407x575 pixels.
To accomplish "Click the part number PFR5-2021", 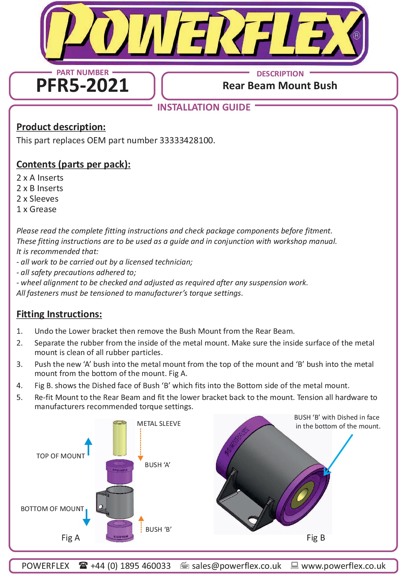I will click(82, 86).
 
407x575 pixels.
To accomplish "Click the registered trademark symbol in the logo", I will click(356, 35).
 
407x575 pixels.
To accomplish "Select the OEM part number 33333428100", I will click(186, 141).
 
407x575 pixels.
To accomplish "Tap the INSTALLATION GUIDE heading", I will click(203, 107).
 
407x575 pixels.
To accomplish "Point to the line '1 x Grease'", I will click(36, 209).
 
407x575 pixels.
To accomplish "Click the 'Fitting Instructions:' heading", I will click(59, 314).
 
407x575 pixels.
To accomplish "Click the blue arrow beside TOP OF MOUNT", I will click(88, 446).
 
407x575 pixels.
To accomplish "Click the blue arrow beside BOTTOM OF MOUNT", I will click(87, 517).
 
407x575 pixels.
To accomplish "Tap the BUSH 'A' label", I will click(157, 465).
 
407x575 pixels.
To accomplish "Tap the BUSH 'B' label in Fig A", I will click(158, 529).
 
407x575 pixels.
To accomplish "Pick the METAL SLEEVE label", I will click(159, 424).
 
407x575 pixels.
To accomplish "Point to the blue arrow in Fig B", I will click(338, 455).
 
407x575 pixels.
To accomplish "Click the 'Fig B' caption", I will click(316, 538).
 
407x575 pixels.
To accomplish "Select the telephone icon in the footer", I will click(83, 565).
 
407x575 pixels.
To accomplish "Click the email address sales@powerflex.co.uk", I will click(236, 566).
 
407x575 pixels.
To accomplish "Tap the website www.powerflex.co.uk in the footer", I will click(343, 566).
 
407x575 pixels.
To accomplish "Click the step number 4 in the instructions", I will click(20, 386).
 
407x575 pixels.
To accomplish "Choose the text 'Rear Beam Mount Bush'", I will click(280, 86).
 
